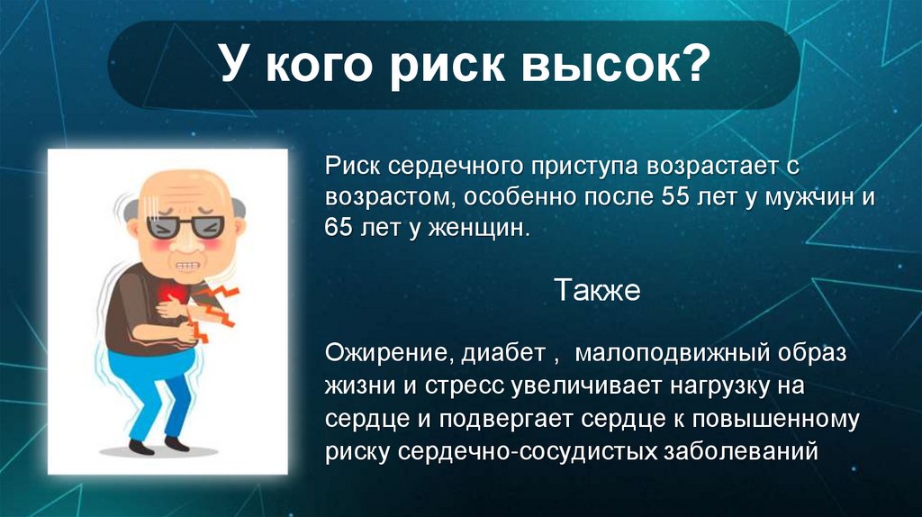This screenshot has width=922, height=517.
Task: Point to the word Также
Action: [x=596, y=290]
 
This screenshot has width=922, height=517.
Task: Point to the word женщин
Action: [x=481, y=228]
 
